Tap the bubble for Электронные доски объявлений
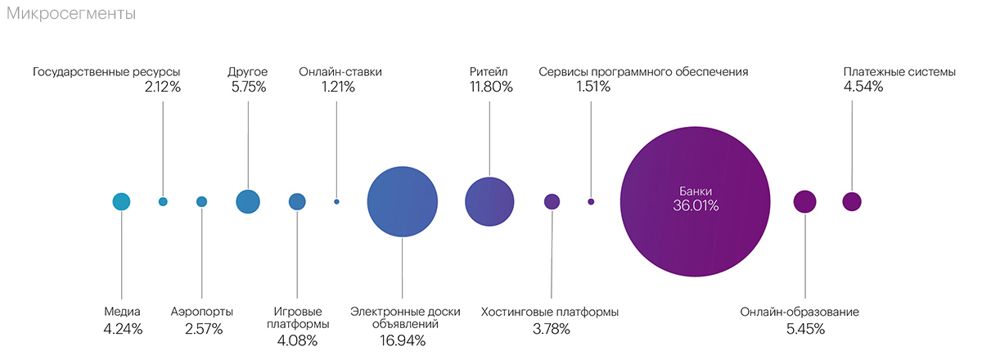[402, 201]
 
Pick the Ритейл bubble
[489, 201]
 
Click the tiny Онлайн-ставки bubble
[336, 201]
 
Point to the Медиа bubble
[121, 201]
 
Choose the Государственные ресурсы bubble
[163, 201]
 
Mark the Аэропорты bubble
[202, 201]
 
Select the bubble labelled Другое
[248, 201]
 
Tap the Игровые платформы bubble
[297, 201]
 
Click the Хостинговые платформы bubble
[552, 201]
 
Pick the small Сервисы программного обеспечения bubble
[591, 201]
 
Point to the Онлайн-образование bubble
[805, 201]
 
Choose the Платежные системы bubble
[852, 201]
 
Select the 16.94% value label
[403, 340]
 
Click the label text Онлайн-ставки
[340, 72]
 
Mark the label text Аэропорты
[202, 312]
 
